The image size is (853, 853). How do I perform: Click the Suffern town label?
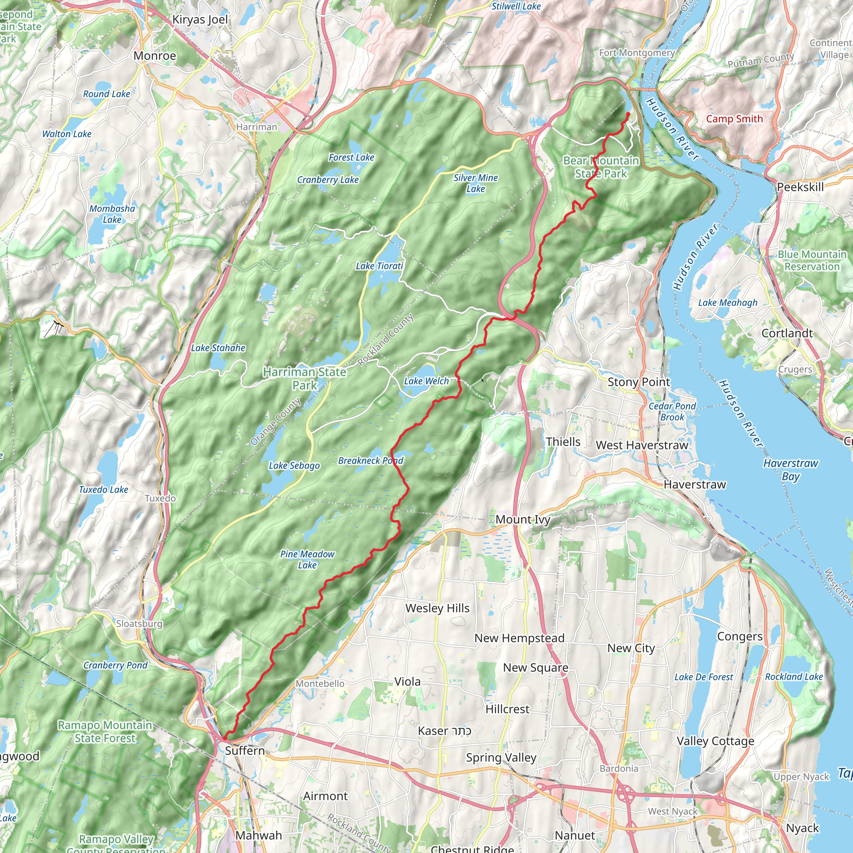pyautogui.click(x=244, y=751)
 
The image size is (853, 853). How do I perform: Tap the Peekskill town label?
pyautogui.click(x=800, y=187)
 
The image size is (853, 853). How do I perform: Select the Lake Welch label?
pyautogui.click(x=426, y=381)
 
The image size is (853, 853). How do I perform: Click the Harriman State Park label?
pyautogui.click(x=304, y=378)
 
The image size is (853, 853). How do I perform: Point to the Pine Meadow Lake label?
pyautogui.click(x=307, y=559)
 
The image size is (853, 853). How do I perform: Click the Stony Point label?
pyautogui.click(x=639, y=382)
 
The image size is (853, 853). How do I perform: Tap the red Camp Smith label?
pyautogui.click(x=734, y=119)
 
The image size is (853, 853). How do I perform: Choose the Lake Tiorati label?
pyautogui.click(x=379, y=266)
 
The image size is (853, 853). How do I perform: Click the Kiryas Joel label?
pyautogui.click(x=200, y=20)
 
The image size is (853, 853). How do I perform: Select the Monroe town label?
pyautogui.click(x=155, y=56)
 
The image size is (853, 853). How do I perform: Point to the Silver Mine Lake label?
pyautogui.click(x=476, y=183)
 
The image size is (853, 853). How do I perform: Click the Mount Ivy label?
pyautogui.click(x=523, y=519)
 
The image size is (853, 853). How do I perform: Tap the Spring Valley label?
pyautogui.click(x=501, y=758)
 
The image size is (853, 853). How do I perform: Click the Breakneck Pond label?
pyautogui.click(x=370, y=461)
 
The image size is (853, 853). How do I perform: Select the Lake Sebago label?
pyautogui.click(x=294, y=465)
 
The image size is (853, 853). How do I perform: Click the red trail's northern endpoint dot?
pyautogui.click(x=627, y=115)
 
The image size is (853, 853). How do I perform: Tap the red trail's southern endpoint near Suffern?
pyautogui.click(x=225, y=738)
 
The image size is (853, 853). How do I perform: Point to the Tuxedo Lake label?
pyautogui.click(x=103, y=489)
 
